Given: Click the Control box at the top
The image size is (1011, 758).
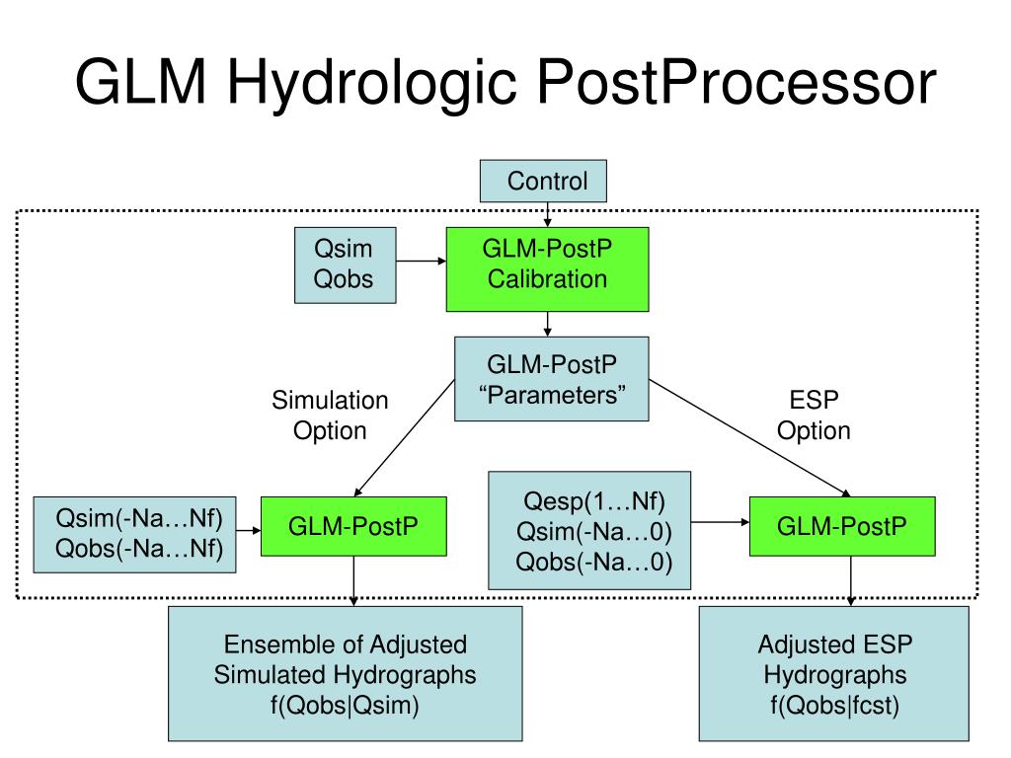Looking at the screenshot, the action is tap(543, 182).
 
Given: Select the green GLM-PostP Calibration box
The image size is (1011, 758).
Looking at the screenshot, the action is tap(547, 269).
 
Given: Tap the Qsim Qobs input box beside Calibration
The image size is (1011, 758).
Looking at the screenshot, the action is tap(345, 265).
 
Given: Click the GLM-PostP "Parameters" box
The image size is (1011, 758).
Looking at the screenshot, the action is tap(551, 379).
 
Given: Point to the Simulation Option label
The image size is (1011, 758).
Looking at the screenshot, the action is tap(330, 416).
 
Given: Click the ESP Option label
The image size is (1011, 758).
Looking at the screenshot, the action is tap(814, 416).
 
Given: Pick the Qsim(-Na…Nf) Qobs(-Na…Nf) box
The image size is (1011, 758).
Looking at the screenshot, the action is tap(134, 534).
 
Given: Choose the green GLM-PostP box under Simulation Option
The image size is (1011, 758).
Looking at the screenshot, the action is tap(353, 526).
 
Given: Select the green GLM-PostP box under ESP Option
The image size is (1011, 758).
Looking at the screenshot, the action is tap(842, 526).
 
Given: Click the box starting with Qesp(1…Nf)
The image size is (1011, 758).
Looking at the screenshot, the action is tap(589, 530).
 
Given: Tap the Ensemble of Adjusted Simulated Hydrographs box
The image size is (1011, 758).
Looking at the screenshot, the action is tap(345, 673).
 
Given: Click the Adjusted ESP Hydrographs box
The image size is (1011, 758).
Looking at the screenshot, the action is tap(833, 673).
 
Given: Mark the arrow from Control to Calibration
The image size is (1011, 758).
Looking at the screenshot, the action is tap(547, 214).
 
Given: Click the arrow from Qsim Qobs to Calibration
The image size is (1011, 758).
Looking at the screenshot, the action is tap(421, 261).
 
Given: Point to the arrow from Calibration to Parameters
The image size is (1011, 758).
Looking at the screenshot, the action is tap(547, 324).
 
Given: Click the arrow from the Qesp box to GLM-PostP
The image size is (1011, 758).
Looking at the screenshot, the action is tap(720, 522).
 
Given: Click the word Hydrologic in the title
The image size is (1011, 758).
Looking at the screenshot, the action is tap(372, 85).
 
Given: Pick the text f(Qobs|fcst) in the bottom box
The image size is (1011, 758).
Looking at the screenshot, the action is tap(834, 705).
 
